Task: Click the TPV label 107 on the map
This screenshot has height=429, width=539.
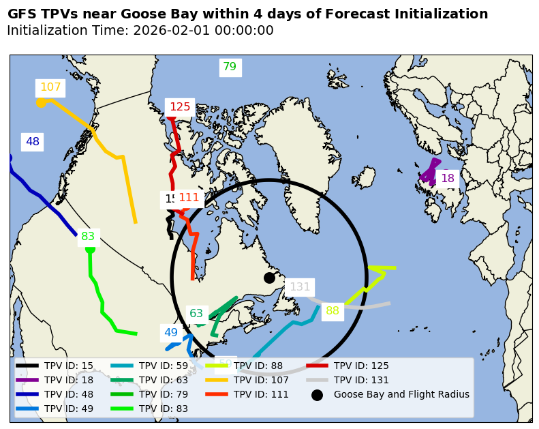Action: coord(50,87)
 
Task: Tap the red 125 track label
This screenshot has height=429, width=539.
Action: coord(180,106)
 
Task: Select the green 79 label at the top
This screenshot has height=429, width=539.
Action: coord(230,67)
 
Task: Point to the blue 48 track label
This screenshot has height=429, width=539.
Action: coord(33,142)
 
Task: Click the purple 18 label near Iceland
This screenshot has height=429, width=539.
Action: coord(447,179)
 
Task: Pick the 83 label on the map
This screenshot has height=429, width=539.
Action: coord(88,237)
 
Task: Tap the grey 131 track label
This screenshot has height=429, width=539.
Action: coord(300,287)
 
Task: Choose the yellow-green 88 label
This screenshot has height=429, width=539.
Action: coord(333,311)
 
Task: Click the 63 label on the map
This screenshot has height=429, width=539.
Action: coord(196,314)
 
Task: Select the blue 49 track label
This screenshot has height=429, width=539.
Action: coord(170,333)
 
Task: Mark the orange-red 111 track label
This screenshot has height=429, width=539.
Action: coord(189,198)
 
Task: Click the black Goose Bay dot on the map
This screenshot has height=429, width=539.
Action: coord(269,278)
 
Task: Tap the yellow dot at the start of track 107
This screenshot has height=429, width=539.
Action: coord(41,102)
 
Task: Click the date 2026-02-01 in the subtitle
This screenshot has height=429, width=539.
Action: coord(168,31)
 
